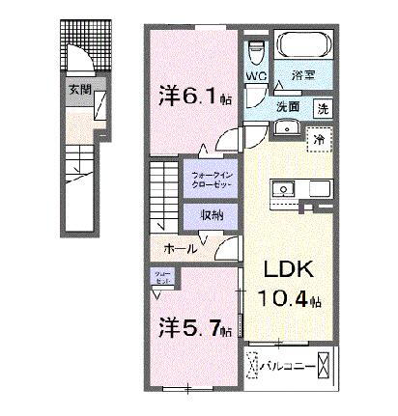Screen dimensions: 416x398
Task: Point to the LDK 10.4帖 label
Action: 286,282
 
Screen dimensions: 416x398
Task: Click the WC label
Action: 256,74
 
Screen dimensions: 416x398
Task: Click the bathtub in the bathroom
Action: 305,45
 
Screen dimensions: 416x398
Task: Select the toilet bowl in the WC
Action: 256,48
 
